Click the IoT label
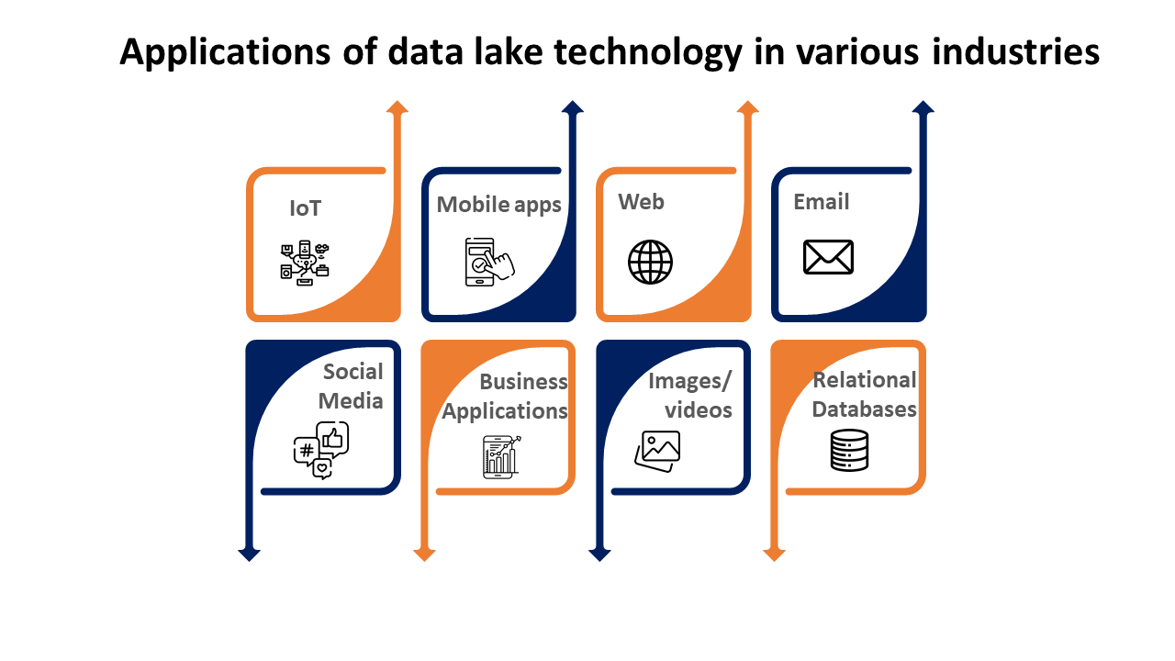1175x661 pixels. tap(306, 208)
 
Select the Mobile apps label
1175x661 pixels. tap(498, 205)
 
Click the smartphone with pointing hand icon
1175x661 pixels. tap(488, 263)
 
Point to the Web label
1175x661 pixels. tap(641, 202)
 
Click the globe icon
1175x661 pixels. tap(650, 263)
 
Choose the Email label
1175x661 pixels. tap(822, 202)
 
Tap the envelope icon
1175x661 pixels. tap(828, 257)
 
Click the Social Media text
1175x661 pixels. tap(352, 386)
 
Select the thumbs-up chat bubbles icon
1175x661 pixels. tap(320, 451)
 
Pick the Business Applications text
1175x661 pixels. tap(506, 396)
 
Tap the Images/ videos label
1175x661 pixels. tap(690, 395)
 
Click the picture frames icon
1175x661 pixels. tap(657, 450)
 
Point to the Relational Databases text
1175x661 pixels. tap(864, 394)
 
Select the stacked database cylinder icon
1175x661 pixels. tap(849, 450)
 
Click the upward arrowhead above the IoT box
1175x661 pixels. tap(397, 107)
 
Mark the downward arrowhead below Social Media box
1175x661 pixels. tap(249, 554)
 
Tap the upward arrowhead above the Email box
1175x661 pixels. tap(923, 107)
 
